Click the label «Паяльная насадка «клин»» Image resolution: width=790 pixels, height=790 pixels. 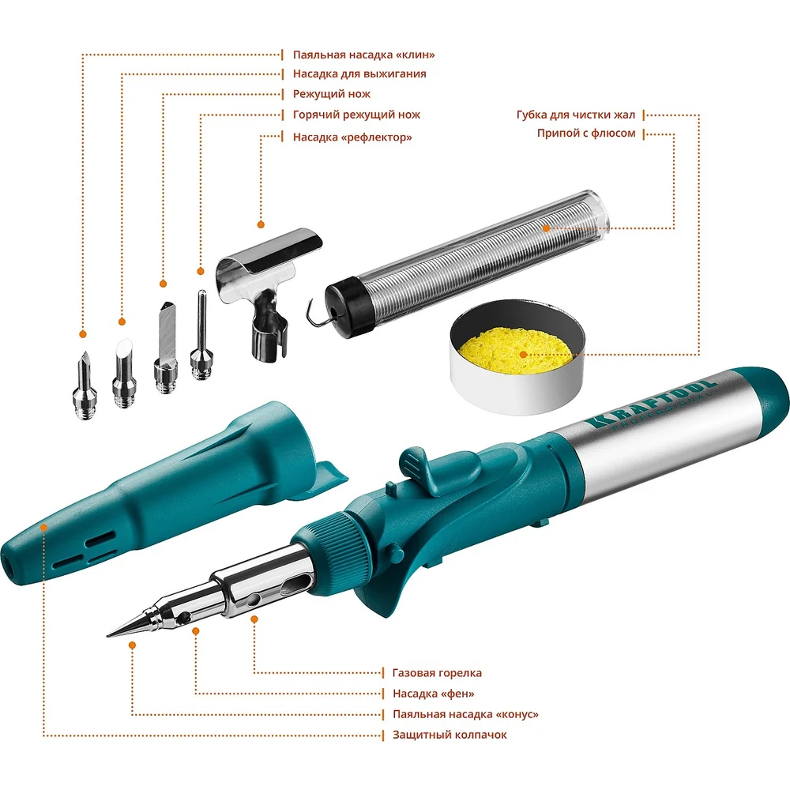click(363, 55)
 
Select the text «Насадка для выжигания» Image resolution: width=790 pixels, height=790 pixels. click(359, 74)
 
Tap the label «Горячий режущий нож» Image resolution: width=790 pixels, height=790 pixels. click(356, 115)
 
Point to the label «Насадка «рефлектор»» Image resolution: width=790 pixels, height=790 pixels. click(352, 137)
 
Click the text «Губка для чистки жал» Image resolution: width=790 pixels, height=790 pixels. click(576, 115)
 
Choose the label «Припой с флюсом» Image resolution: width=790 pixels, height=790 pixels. click(586, 134)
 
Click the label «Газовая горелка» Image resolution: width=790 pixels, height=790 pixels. click(437, 673)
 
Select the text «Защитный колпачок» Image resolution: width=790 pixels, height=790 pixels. click(450, 735)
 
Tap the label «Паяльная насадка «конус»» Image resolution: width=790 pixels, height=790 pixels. click(465, 714)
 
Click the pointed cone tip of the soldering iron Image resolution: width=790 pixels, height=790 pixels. click(132, 625)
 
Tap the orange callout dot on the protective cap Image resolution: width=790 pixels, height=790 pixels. click(43, 528)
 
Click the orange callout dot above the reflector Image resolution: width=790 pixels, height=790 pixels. click(261, 224)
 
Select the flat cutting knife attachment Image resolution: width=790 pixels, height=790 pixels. click(166, 347)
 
